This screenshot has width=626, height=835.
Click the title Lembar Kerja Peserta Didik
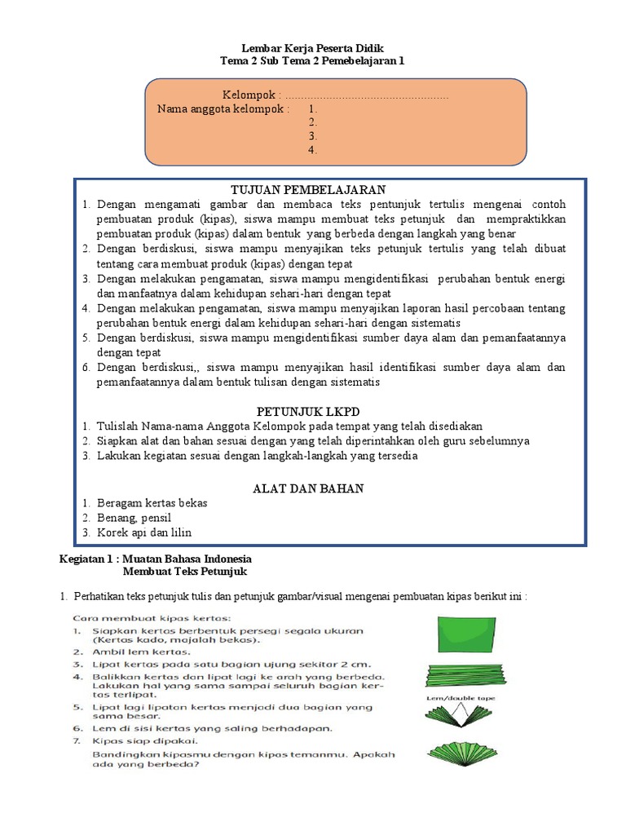click(x=312, y=47)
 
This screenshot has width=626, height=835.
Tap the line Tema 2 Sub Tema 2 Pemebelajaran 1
click(x=312, y=60)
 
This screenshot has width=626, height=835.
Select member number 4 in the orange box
click(x=312, y=150)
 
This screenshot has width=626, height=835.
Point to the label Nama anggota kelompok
click(x=223, y=108)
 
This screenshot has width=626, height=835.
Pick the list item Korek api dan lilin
click(x=143, y=532)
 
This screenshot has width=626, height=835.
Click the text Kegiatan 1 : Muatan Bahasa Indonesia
click(x=156, y=559)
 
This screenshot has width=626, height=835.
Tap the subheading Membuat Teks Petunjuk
click(x=177, y=572)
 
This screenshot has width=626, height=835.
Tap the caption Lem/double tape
click(x=460, y=698)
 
